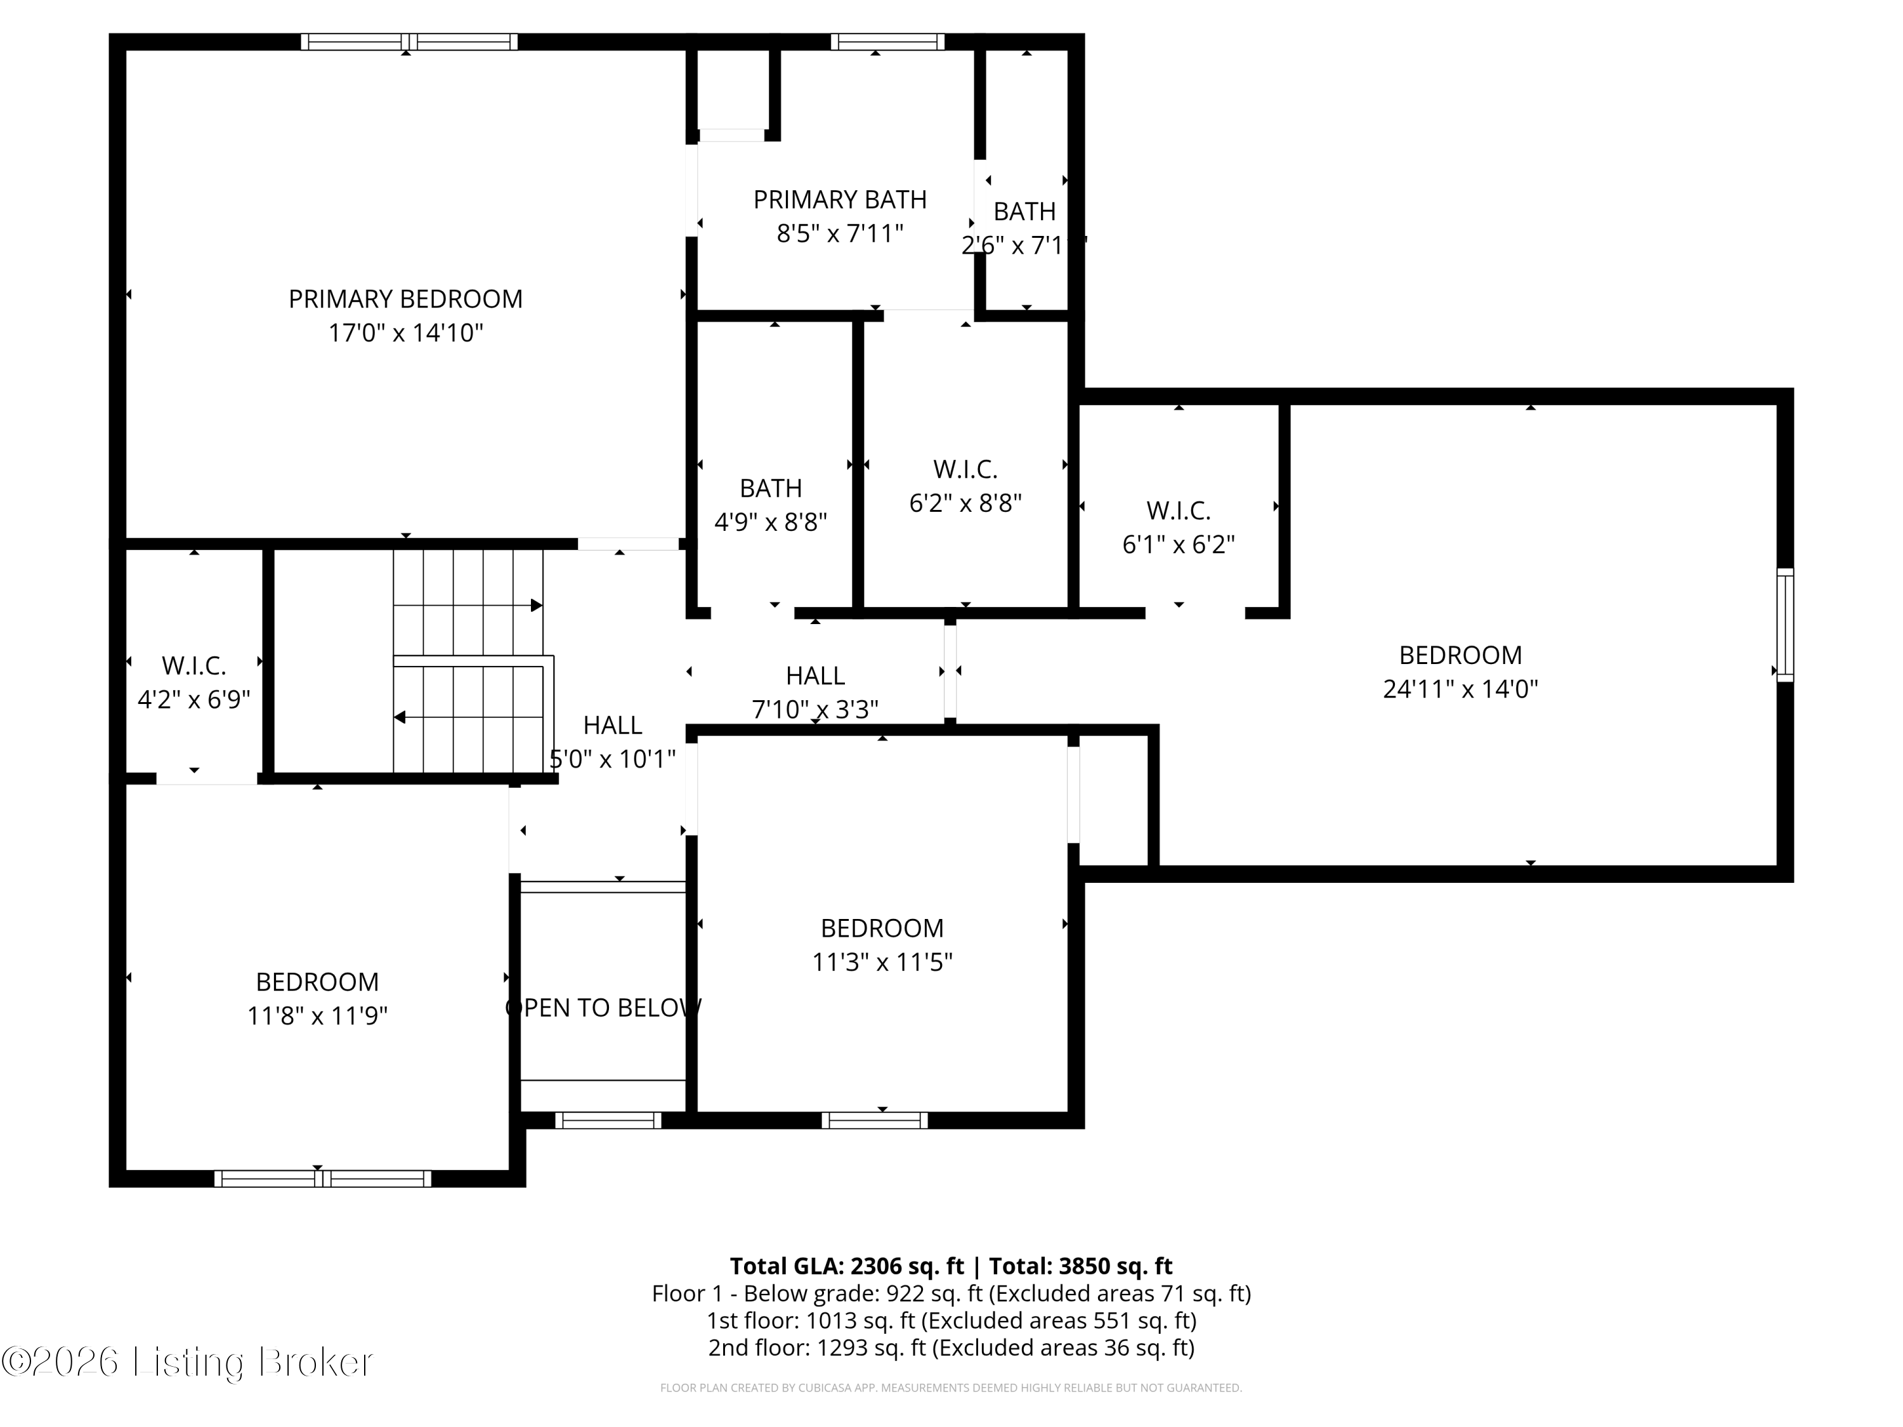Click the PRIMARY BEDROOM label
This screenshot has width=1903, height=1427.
405,299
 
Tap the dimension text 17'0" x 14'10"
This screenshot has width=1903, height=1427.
405,333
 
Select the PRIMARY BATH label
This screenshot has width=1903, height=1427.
840,200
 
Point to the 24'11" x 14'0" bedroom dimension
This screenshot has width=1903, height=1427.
1460,689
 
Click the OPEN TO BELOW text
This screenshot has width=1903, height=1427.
603,1007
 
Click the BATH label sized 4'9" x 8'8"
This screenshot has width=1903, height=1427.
770,488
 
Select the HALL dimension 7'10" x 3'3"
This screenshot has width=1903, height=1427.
814,710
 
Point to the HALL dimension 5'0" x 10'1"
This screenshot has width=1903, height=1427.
613,759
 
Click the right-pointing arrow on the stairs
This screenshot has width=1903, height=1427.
536,606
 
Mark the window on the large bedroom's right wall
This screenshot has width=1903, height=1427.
1785,625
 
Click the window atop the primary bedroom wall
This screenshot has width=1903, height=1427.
409,41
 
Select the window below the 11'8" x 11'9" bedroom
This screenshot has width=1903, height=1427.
323,1178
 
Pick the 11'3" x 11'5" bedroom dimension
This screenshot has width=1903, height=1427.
882,961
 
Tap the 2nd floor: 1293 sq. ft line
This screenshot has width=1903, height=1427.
951,1347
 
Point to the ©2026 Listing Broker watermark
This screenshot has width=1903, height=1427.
188,1362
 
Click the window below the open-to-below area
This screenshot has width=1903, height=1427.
608,1120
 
